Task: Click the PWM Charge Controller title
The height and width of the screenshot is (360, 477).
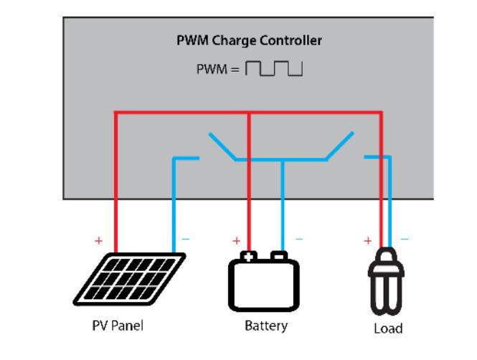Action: point(249,41)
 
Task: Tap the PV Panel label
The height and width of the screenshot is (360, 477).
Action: point(119,325)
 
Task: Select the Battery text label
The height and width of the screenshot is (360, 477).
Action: point(266,326)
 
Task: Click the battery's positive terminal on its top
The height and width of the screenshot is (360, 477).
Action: point(248,255)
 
